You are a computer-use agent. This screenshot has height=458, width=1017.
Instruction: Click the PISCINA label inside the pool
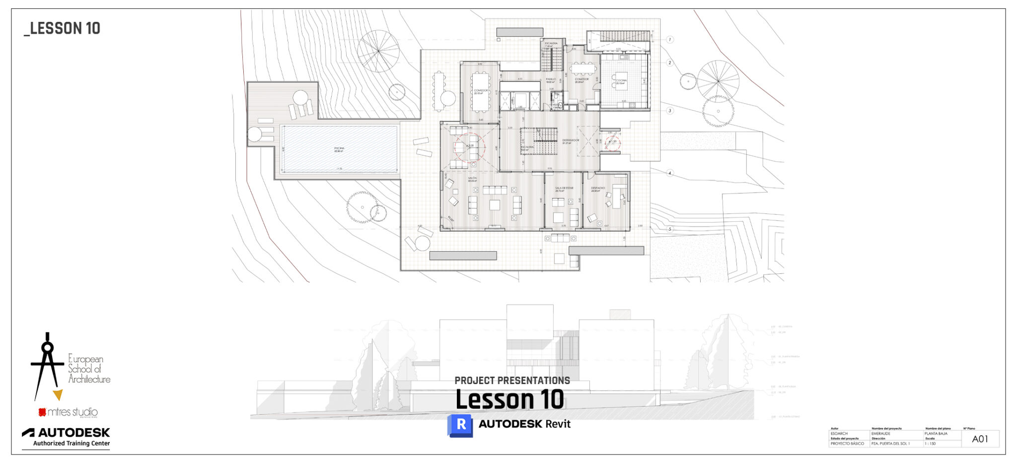click(339, 148)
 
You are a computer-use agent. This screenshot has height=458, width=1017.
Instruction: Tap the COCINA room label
click(621, 80)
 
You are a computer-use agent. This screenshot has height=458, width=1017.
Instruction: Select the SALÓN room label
click(472, 178)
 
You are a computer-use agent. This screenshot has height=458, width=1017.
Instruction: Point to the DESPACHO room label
click(598, 188)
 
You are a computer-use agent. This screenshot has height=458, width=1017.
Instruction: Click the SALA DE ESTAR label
click(564, 188)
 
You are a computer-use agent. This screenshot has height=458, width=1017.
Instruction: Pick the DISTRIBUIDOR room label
click(571, 140)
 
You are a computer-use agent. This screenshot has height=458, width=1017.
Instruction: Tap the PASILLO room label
click(551, 79)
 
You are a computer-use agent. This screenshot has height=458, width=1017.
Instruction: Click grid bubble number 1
click(670, 39)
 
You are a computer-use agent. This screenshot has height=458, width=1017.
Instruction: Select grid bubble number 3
click(670, 111)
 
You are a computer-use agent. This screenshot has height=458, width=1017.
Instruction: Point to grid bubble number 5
click(670, 229)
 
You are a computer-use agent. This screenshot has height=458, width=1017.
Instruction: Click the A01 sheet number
click(980, 439)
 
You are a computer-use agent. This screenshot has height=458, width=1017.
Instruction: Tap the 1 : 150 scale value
click(930, 444)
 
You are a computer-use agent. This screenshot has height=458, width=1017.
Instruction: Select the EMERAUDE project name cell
click(881, 434)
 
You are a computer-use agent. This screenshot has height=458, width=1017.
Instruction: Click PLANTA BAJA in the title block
click(936, 434)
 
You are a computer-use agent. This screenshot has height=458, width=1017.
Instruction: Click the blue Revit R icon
click(460, 425)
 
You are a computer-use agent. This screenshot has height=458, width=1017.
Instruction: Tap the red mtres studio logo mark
click(42, 412)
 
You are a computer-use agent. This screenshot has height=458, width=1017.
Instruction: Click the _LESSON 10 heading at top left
click(62, 29)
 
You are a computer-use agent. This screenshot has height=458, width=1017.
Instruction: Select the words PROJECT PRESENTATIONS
click(512, 381)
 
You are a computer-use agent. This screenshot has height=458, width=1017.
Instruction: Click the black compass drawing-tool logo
click(47, 365)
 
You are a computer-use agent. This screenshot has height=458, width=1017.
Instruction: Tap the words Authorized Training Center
click(72, 444)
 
